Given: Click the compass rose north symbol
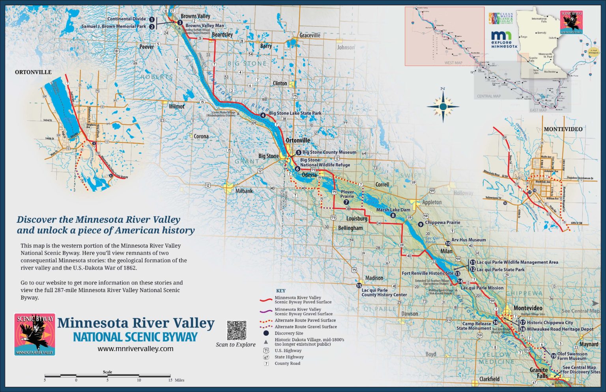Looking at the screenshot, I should click(443, 106).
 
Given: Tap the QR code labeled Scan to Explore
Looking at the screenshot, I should click(236, 330).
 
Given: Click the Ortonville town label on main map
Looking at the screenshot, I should click(298, 140).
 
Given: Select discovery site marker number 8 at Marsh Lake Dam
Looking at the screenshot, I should click(393, 215).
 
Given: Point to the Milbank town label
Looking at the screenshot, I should click(244, 191).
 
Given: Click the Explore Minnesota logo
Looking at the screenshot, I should click(504, 39).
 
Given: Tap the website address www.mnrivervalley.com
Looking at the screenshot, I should click(135, 349).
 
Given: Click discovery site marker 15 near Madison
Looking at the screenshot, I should click(359, 286).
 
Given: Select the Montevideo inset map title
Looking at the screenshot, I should click(563, 129).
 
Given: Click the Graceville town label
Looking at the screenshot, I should click(310, 35).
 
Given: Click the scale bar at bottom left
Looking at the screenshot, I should click(107, 376).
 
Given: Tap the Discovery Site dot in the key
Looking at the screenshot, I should click(266, 333).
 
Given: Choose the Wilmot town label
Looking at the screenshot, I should click(176, 106).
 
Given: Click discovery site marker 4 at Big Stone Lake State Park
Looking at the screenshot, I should click(263, 115).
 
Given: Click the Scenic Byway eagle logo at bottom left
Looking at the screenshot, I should click(35, 334).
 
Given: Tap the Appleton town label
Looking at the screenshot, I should click(432, 202).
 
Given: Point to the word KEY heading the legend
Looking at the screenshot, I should click(281, 291).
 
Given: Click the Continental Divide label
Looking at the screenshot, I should click(126, 19).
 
